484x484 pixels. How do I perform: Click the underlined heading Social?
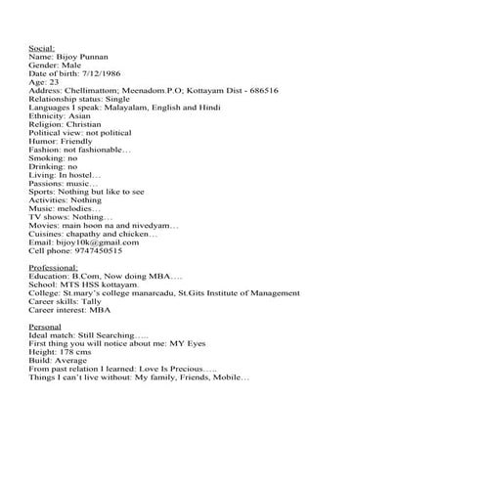point(42,47)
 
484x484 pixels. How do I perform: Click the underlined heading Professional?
point(54,268)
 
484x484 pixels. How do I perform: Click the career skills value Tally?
point(90,302)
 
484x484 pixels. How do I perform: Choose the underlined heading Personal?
point(46,327)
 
